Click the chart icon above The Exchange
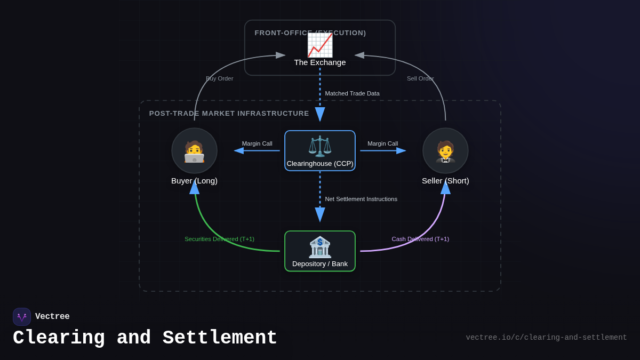click(x=320, y=45)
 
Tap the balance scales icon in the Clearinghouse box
click(x=320, y=146)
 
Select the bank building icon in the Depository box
click(x=320, y=247)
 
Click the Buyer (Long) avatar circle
click(x=194, y=151)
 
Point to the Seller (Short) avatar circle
click(x=445, y=151)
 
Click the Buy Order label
click(x=220, y=78)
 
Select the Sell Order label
click(x=420, y=78)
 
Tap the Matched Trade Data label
click(x=352, y=93)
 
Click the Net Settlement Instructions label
click(x=361, y=199)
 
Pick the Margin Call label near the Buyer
click(x=257, y=143)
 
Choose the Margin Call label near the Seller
click(x=382, y=143)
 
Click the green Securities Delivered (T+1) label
click(x=219, y=239)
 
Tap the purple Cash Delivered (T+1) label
click(x=420, y=239)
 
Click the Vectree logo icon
click(x=22, y=317)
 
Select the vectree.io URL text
click(x=546, y=338)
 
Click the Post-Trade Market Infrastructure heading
click(x=229, y=114)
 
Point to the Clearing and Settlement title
click(x=145, y=338)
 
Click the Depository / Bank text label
click(x=320, y=264)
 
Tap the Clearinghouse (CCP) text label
click(x=320, y=164)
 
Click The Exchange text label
click(x=320, y=62)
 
